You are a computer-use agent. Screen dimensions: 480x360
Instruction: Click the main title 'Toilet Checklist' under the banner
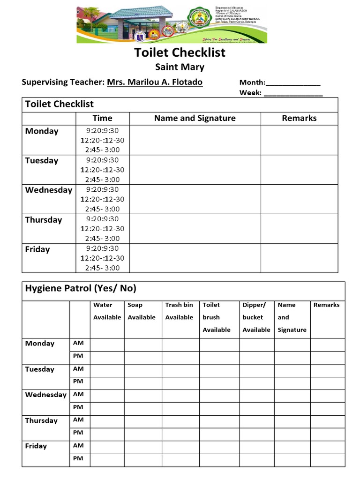pos(180,52)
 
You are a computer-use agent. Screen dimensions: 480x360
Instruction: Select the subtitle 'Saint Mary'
pos(180,67)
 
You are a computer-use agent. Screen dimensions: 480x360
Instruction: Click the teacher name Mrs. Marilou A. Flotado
pos(155,82)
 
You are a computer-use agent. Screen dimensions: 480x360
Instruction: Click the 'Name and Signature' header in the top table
pos(195,118)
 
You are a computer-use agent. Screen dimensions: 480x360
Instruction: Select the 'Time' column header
pos(102,118)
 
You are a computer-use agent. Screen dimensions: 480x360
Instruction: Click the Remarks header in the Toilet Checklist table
pos(299,118)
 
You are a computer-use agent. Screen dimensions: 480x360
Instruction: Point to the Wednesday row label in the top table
pos(49,190)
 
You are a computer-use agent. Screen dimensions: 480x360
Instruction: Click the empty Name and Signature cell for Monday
pos(195,140)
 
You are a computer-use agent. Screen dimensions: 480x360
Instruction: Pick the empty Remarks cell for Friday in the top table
pos(299,258)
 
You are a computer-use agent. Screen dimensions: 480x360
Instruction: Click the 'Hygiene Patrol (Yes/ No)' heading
pos(81,288)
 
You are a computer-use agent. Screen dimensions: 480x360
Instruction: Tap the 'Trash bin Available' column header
pos(179,311)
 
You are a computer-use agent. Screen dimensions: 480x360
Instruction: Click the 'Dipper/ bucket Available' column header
pos(256,317)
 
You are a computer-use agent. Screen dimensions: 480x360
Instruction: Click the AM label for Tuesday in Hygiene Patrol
pos(78,369)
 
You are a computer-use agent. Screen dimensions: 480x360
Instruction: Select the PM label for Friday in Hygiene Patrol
pos(78,458)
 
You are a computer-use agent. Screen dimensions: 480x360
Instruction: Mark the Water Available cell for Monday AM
pos(107,345)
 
